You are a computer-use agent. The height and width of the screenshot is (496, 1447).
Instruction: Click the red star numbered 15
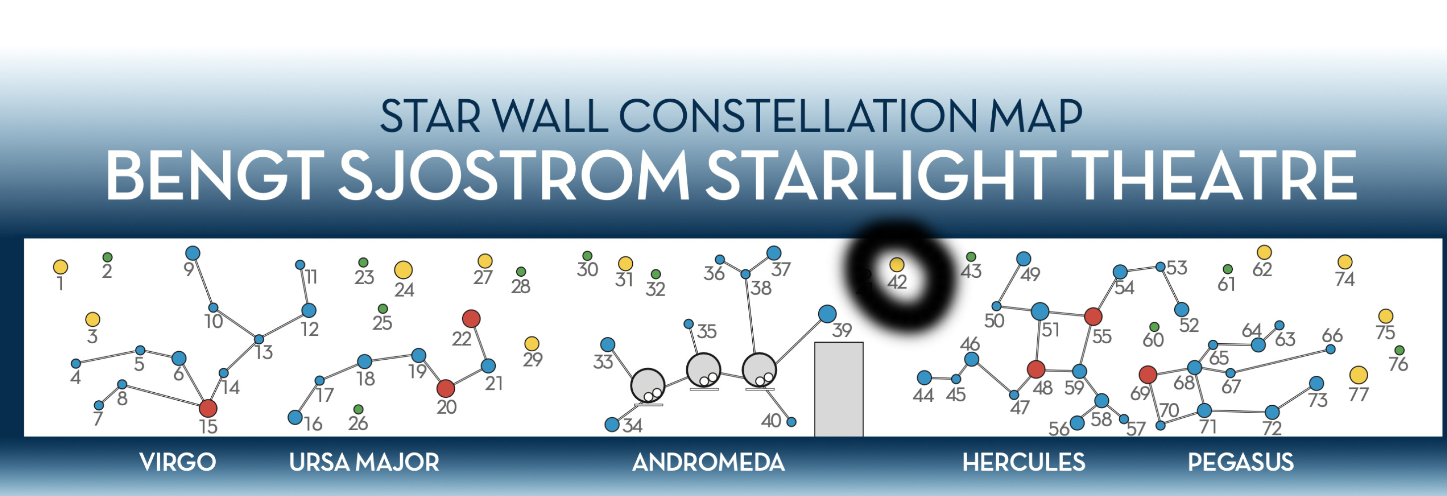[208, 408]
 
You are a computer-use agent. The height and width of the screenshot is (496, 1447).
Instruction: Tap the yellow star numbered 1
[60, 267]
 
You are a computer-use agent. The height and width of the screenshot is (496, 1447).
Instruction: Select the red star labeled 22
[471, 319]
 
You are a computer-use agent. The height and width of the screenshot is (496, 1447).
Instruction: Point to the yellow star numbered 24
[403, 270]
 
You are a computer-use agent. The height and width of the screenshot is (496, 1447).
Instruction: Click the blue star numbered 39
[827, 313]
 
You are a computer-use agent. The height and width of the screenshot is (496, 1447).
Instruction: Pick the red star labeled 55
[1092, 316]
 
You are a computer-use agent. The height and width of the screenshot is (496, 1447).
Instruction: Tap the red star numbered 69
[1147, 374]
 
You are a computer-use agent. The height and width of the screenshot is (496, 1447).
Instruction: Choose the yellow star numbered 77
[1358, 374]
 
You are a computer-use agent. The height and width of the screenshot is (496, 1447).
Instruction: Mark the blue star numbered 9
[193, 253]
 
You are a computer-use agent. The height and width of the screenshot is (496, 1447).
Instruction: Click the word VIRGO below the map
[178, 462]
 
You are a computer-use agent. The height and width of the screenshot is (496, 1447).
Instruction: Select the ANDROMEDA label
[708, 462]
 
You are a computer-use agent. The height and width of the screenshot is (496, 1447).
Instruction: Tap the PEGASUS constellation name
[1240, 462]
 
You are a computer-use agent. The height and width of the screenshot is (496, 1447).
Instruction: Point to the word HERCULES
[1024, 462]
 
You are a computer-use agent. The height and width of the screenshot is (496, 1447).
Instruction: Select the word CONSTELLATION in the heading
[798, 116]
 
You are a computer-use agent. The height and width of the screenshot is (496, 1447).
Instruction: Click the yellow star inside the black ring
[897, 264]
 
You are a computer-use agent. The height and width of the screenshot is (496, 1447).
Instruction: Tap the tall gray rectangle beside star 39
[839, 389]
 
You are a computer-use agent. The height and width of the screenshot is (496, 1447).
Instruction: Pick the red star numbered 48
[1036, 369]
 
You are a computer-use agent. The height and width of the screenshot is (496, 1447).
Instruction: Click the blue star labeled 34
[612, 424]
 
